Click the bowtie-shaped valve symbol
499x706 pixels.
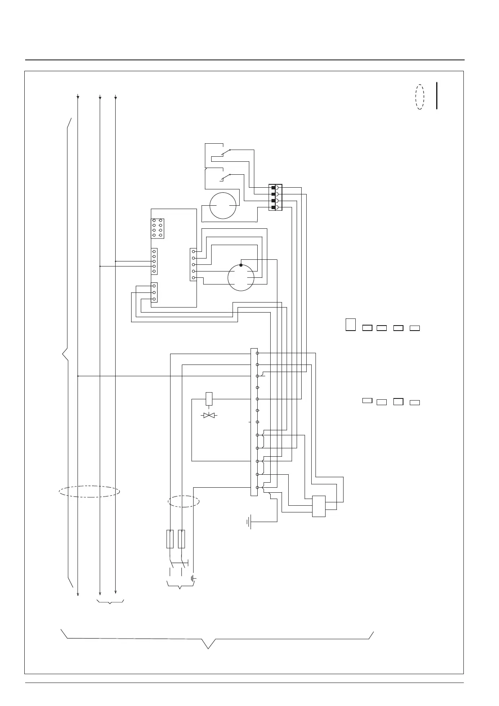pyautogui.click(x=208, y=415)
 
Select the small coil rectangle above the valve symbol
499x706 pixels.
pyautogui.click(x=209, y=398)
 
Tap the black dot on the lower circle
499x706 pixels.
pyautogui.click(x=241, y=265)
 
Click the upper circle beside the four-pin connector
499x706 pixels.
pyautogui.click(x=223, y=206)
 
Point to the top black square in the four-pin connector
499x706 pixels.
pyautogui.click(x=274, y=188)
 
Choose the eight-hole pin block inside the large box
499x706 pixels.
pyautogui.click(x=157, y=228)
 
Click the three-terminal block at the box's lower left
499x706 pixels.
pyautogui.click(x=154, y=292)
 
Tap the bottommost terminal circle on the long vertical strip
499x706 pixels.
pyautogui.click(x=257, y=488)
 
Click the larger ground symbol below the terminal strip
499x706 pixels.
pyautogui.click(x=250, y=522)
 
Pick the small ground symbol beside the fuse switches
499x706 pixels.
pyautogui.click(x=194, y=579)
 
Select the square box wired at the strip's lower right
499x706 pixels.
pyautogui.click(x=319, y=507)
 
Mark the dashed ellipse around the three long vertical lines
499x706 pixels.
pyautogui.click(x=89, y=491)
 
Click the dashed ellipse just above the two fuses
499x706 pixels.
pyautogui.click(x=184, y=501)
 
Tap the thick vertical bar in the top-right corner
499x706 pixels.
pyautogui.click(x=437, y=96)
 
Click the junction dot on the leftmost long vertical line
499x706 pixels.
pyautogui.click(x=78, y=376)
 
